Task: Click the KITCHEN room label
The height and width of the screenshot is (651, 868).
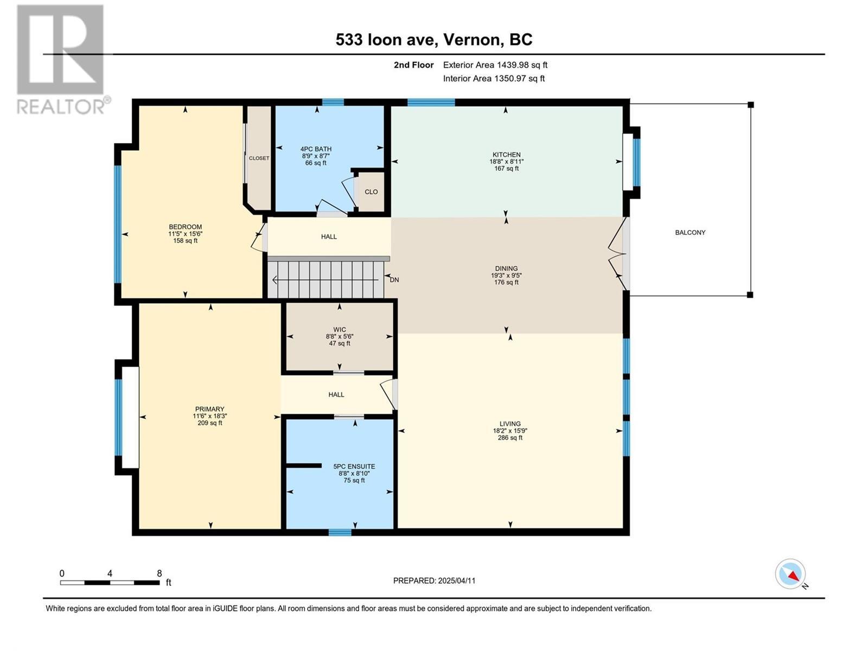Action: [506, 155]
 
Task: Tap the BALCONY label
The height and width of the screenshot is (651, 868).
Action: [690, 232]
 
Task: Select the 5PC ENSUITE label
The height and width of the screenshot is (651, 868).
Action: [354, 467]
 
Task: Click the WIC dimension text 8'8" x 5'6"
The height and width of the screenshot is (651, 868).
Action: [340, 336]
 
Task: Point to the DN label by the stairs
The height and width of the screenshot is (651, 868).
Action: [394, 280]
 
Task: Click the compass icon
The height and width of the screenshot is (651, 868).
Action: [790, 574]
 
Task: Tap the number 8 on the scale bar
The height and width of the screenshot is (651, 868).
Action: [159, 573]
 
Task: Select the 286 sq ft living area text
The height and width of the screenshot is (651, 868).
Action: [510, 438]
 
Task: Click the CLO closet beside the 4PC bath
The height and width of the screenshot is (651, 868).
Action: [371, 192]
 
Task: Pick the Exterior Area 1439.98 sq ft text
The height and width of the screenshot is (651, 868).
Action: [495, 65]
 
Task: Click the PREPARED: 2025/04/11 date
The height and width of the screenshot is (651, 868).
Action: [434, 580]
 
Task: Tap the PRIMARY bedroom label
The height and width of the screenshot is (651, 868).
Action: [209, 409]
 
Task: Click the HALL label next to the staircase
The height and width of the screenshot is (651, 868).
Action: [329, 237]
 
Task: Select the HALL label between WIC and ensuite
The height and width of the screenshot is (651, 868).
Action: [336, 394]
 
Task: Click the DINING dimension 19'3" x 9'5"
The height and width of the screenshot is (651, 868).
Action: [506, 275]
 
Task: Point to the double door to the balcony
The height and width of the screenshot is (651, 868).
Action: [618, 254]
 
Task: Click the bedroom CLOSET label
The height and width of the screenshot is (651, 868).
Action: [259, 158]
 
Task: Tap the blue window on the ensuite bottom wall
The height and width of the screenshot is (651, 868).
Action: [340, 532]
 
